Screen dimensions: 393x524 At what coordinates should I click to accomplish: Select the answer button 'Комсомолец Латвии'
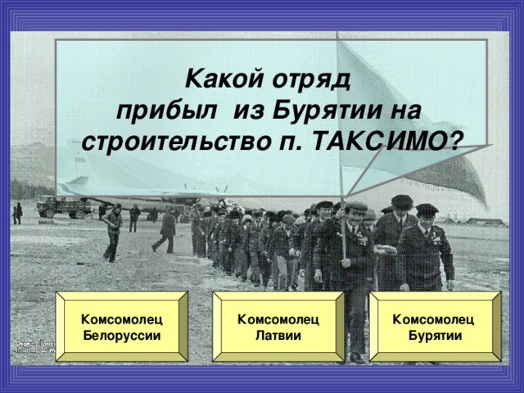278,327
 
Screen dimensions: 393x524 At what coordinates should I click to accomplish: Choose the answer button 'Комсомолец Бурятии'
434,327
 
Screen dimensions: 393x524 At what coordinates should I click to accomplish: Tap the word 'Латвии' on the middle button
278,336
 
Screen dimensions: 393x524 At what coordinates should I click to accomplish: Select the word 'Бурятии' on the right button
436,336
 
